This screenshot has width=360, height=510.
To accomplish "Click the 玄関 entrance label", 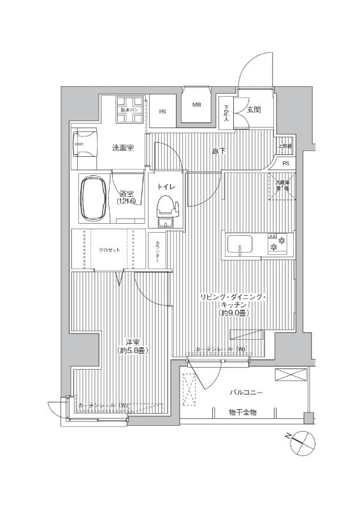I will tap(254, 110).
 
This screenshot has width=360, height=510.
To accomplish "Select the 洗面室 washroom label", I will tap(123, 148).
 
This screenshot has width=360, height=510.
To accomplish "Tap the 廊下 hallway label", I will tap(219, 151).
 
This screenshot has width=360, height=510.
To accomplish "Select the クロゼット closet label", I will tap(109, 251).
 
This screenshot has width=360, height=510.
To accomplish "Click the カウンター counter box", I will tap(157, 251).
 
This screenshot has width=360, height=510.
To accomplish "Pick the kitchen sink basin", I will tap(238, 245).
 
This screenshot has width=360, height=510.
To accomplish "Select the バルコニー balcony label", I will tap(246, 392).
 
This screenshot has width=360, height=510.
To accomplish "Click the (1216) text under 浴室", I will tap(126, 202).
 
